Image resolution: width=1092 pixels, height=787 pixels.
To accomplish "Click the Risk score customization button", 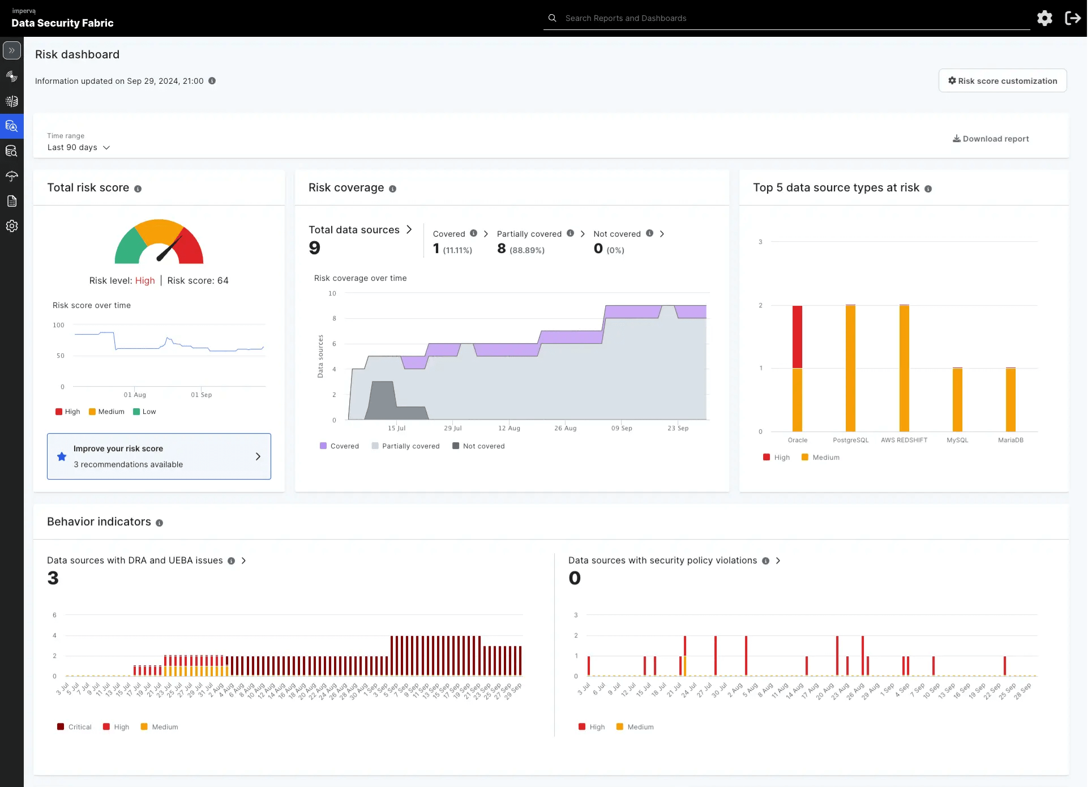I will pos(1003,81).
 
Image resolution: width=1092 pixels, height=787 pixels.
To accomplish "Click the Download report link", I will pos(991,139).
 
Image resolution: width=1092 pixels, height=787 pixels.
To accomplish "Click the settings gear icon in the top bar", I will pos(1044,18).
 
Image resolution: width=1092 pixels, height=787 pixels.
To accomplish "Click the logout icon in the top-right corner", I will pos(1072,18).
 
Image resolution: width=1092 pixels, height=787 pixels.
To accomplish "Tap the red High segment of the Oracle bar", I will pos(797,336).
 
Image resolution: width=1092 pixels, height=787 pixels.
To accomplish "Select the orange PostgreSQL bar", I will pos(850,368).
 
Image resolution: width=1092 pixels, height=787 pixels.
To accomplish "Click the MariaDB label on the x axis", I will pos(1010,440).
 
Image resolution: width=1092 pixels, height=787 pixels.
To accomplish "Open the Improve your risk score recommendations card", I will pos(159,456).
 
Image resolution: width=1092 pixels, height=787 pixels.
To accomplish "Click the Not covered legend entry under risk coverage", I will pos(478,446).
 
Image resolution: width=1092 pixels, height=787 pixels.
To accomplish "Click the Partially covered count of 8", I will pos(502,249).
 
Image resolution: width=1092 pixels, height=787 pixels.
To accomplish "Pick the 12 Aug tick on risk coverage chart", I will pos(509,428).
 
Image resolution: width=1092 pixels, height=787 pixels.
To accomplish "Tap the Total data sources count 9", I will pos(315,248).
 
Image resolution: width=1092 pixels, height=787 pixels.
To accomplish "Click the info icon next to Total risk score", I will pos(138,189).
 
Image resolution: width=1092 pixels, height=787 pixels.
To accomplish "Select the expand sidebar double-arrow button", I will pos(12,50).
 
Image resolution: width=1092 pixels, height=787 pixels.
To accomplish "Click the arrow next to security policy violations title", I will pos(778,561).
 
